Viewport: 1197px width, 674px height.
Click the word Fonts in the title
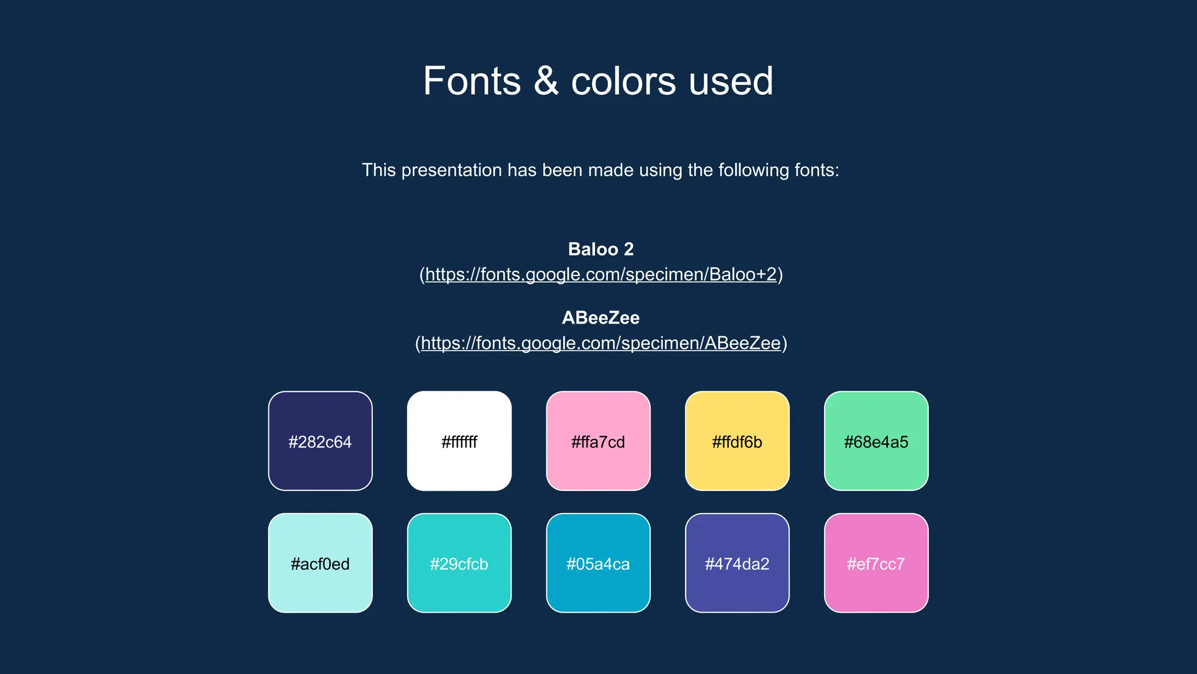coord(472,81)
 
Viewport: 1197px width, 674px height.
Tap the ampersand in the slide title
coord(546,81)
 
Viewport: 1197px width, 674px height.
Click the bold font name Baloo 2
coord(600,249)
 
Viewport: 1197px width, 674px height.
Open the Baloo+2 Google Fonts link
coord(600,274)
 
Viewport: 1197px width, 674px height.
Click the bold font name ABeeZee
coord(600,318)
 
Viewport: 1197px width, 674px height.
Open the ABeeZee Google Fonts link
coord(600,343)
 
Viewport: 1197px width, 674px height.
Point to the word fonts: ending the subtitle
coord(817,170)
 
